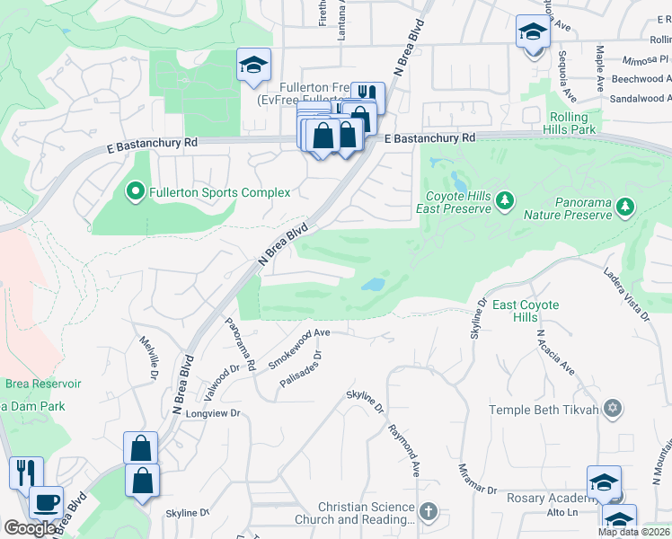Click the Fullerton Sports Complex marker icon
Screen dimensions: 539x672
pyautogui.click(x=135, y=191)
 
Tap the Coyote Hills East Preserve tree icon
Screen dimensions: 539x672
pyautogui.click(x=504, y=199)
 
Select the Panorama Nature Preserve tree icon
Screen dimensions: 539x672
pyautogui.click(x=623, y=208)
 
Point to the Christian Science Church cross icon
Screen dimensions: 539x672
pyautogui.click(x=429, y=512)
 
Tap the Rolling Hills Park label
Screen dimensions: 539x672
pyautogui.click(x=570, y=123)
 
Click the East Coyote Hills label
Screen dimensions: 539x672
pyautogui.click(x=526, y=312)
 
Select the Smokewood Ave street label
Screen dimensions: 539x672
pyautogui.click(x=300, y=343)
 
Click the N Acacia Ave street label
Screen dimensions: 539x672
pyautogui.click(x=554, y=353)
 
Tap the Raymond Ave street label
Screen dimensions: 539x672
pyautogui.click(x=404, y=446)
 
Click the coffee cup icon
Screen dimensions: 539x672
pyautogui.click(x=45, y=502)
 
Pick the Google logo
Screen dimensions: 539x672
pyautogui.click(x=31, y=528)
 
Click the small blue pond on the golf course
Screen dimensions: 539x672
pyautogui.click(x=372, y=286)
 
